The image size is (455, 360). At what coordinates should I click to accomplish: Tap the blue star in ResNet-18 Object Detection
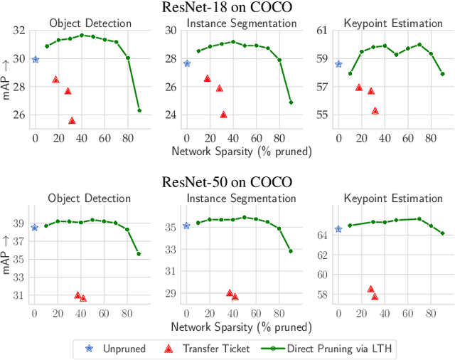pos(36,60)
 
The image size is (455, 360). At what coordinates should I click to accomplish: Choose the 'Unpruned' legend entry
pos(118,349)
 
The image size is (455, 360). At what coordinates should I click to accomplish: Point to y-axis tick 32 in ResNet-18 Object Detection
pos(19,31)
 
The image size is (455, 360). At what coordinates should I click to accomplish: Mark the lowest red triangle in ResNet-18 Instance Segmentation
pos(223,114)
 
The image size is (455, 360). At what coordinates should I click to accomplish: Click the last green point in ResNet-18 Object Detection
pos(139,110)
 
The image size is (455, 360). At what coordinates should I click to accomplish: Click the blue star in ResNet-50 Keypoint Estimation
pos(338,229)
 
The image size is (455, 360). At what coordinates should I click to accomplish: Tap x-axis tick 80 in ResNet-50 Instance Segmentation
pos(279,312)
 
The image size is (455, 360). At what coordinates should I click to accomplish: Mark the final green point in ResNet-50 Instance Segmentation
pos(291,251)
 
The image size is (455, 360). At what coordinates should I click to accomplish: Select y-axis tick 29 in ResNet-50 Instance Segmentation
pos(171,293)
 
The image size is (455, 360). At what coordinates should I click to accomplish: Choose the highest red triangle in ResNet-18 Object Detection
pos(55,80)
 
